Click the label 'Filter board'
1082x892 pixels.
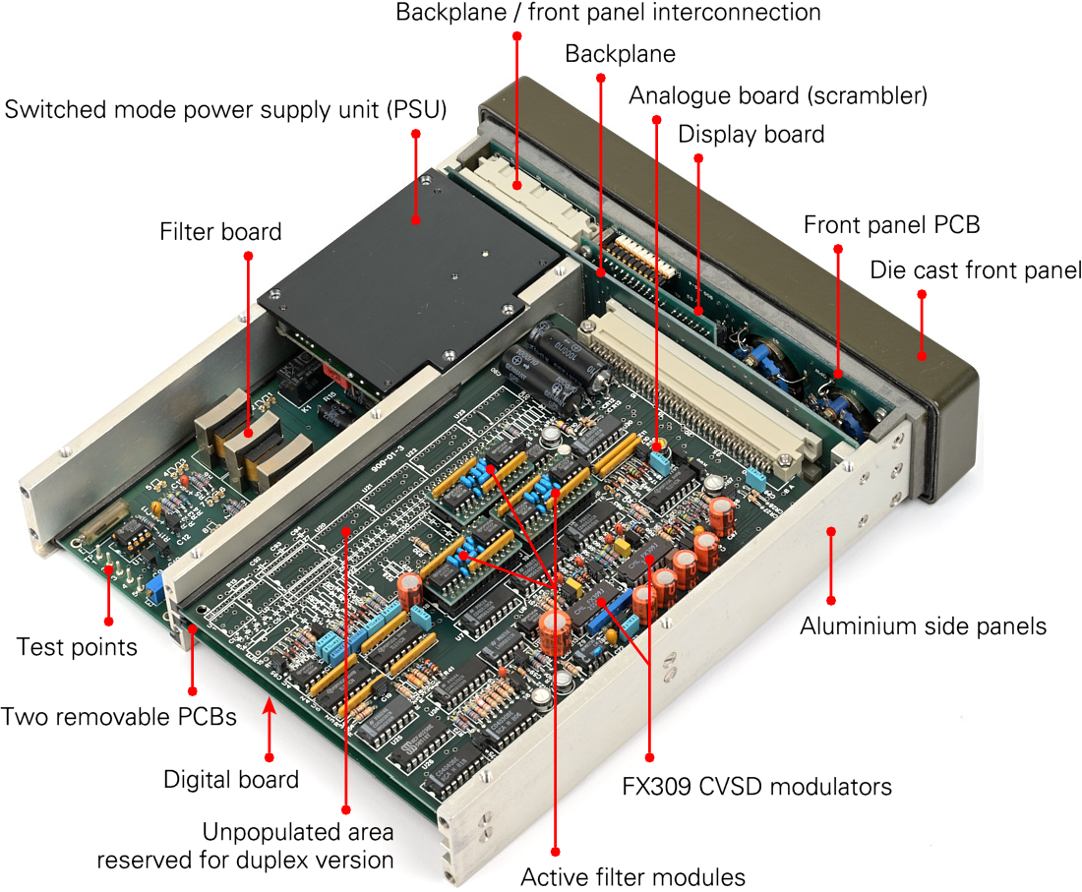click(220, 232)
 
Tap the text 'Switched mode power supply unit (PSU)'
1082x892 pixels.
click(226, 109)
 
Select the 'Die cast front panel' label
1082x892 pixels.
click(976, 269)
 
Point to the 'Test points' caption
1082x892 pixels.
click(77, 647)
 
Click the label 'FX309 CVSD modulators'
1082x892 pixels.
click(757, 787)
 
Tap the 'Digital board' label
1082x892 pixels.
click(231, 780)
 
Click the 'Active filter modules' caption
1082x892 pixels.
click(632, 875)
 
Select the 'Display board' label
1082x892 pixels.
click(751, 134)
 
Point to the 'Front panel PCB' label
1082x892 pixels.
click(891, 224)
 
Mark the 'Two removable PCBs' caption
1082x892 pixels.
click(119, 716)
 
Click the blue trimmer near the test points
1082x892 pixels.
click(155, 588)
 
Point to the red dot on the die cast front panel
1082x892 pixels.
click(922, 356)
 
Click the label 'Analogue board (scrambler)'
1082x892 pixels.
click(778, 95)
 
